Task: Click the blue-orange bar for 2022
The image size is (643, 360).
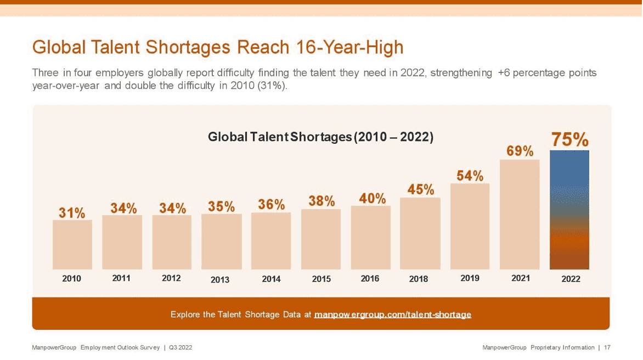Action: (569, 210)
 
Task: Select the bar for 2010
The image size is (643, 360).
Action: (72, 244)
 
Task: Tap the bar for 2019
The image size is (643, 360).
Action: (470, 226)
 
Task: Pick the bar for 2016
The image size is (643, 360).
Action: (371, 237)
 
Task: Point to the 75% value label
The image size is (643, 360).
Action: (569, 139)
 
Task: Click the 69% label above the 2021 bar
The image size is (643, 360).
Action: (520, 151)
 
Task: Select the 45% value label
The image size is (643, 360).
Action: (421, 189)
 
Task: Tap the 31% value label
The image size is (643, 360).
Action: (72, 213)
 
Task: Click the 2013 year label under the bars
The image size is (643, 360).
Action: (220, 280)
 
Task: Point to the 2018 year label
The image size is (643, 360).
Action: (419, 279)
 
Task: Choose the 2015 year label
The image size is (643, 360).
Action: (321, 279)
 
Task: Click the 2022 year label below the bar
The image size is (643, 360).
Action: (571, 279)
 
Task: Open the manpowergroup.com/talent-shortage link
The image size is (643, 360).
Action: (393, 314)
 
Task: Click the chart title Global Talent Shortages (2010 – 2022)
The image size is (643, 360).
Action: (321, 137)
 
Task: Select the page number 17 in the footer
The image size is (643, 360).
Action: (607, 347)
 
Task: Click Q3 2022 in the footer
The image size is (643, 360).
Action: (181, 347)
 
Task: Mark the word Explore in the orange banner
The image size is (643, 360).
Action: (186, 314)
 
